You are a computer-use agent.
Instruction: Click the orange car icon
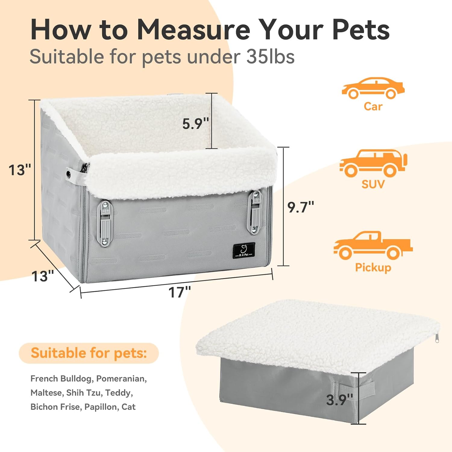373,88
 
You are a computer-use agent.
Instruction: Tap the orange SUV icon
373,163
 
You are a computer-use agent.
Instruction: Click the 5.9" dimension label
196,124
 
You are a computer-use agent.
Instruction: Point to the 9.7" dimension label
301,207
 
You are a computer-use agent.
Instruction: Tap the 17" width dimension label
180,292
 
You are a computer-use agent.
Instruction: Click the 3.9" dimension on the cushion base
340,400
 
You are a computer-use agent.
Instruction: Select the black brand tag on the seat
244,251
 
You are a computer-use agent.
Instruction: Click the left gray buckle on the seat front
105,222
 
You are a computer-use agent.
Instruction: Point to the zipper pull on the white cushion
437,338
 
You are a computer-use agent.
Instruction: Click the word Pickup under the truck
373,268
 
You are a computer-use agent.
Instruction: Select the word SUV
373,184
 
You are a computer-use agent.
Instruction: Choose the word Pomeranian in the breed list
121,378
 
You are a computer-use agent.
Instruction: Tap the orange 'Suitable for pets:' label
89,353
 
